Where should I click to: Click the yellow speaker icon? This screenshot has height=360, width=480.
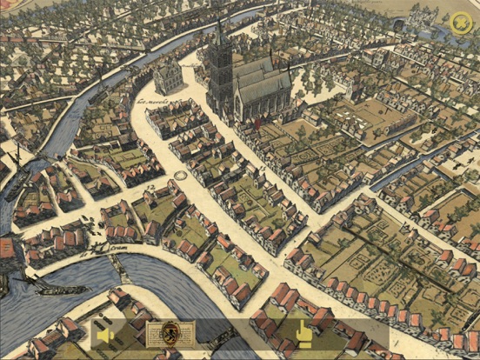[106, 335]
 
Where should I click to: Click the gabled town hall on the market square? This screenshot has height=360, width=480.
[170, 79]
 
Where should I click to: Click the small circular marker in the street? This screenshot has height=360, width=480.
[182, 176]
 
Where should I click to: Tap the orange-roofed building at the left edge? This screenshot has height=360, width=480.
[6, 249]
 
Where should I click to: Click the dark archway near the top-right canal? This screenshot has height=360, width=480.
[397, 27]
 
